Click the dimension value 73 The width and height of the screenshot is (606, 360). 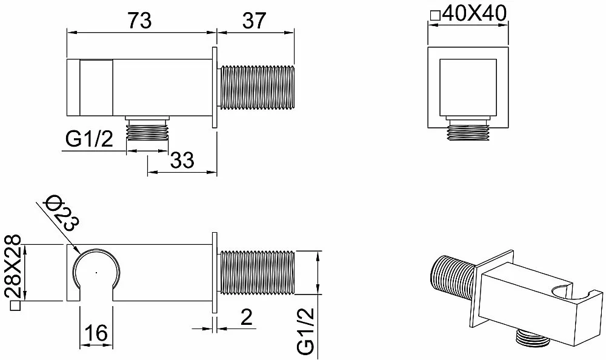pos(140,20)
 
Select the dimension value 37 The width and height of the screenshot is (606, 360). pos(255,20)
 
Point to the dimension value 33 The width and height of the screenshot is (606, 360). pos(182,159)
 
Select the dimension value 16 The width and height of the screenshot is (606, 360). pos(96,332)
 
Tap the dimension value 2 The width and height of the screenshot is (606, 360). pos(246,317)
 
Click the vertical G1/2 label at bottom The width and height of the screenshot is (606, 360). pos(307,331)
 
